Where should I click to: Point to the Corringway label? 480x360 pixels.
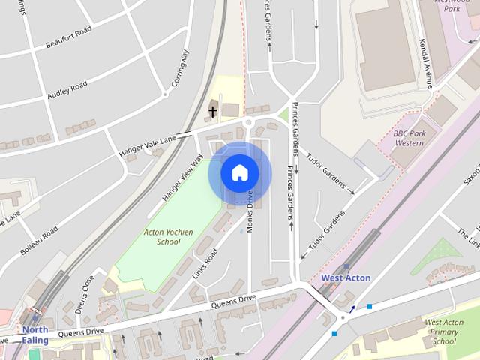tap(181, 68)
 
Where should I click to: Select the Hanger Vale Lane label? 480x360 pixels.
tap(147, 145)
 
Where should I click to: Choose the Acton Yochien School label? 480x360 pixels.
tap(168, 237)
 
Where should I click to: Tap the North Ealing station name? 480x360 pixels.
tap(35, 334)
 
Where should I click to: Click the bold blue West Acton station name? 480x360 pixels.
tap(346, 277)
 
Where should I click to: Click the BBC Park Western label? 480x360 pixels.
tap(409, 138)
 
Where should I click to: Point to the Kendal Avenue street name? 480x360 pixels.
tap(427, 63)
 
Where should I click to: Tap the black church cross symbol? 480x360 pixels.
tap(213, 112)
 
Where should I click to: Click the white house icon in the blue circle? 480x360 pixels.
tap(240, 173)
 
